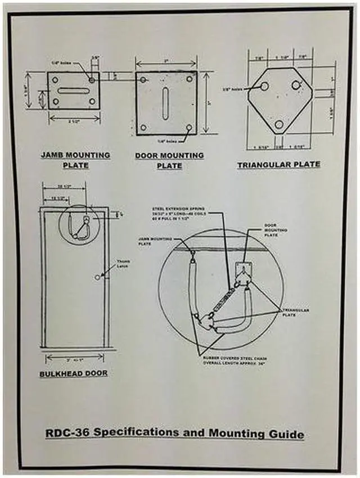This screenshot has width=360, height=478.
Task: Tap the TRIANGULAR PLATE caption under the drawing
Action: [x=278, y=164]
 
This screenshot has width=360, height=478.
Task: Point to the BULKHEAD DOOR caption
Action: [x=74, y=372]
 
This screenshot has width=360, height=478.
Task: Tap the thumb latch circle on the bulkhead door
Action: [x=98, y=277]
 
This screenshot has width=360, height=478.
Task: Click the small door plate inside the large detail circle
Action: [x=244, y=270]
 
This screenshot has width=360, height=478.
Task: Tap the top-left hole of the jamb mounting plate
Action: [x=55, y=80]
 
